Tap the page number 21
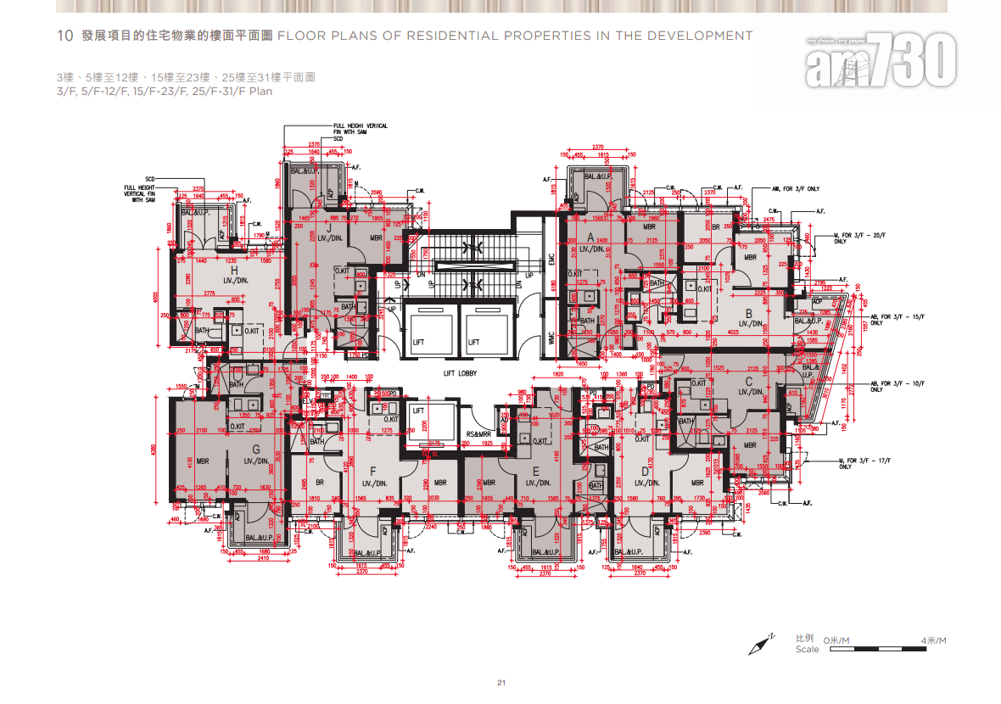(501, 683)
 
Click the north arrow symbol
(762, 645)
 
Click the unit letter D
(646, 471)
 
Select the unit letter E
(535, 471)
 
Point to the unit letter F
(372, 471)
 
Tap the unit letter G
(255, 449)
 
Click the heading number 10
(64, 36)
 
